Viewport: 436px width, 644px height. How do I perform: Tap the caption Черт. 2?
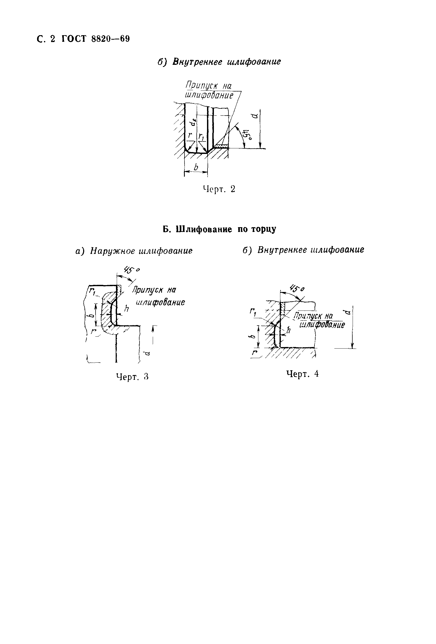[x=219, y=189]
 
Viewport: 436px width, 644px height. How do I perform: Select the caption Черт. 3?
[x=132, y=377]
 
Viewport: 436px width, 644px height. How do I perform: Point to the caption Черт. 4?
[x=302, y=374]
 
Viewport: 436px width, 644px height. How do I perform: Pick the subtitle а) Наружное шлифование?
[x=134, y=251]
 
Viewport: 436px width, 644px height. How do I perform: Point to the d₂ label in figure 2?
[x=195, y=121]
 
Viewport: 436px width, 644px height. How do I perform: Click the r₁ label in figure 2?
[x=201, y=136]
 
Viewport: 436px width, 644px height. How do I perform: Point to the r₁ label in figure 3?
[x=92, y=291]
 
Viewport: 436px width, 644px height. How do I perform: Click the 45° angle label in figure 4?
[x=296, y=289]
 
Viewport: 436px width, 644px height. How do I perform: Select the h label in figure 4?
[x=289, y=330]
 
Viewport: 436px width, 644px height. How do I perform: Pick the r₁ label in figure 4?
[x=252, y=313]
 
